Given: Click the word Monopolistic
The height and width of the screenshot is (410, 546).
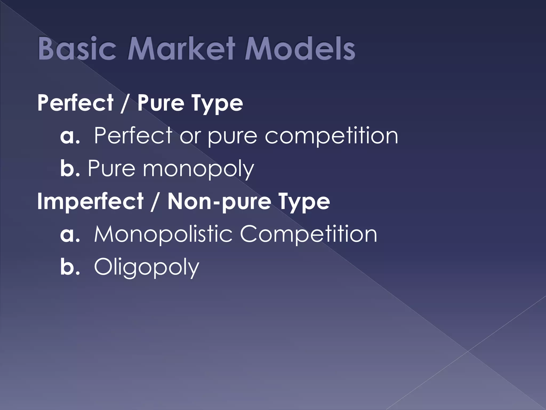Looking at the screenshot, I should tap(163, 234).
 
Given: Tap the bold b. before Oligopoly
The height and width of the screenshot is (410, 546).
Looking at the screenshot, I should tap(70, 267).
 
